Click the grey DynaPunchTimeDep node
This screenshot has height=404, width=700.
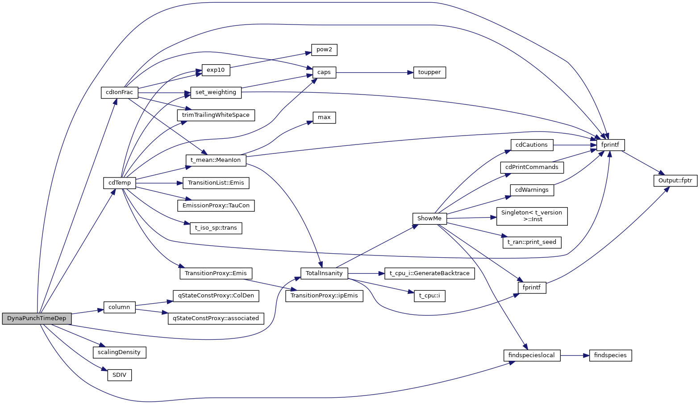[x=37, y=318]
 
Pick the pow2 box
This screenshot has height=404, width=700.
[x=324, y=49]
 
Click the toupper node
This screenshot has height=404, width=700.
[x=429, y=72]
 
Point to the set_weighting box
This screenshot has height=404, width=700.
[x=216, y=92]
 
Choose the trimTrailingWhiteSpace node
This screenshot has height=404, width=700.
[x=216, y=115]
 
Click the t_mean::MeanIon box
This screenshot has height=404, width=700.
[x=216, y=160]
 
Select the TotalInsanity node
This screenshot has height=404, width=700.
[x=324, y=273]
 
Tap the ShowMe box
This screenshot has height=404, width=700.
[x=429, y=218]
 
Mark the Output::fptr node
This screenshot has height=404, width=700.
[x=675, y=181]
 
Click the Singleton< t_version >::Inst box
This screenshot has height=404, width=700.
[x=532, y=216]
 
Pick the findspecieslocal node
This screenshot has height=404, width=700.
[x=532, y=355]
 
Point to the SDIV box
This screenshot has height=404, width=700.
[x=120, y=375]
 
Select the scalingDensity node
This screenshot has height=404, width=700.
[x=120, y=352]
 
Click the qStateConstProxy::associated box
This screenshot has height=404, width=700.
[x=216, y=318]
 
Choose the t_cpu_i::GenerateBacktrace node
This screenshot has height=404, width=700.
[x=429, y=273]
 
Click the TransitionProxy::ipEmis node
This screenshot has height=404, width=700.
[x=324, y=296]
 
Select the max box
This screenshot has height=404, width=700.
[x=324, y=118]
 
